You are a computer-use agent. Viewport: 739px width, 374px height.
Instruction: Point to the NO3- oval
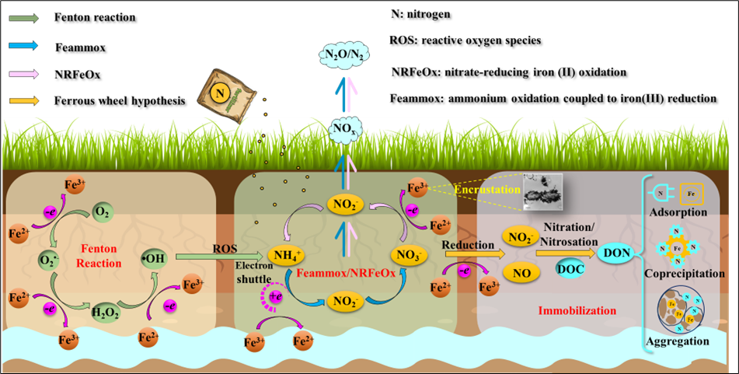(x=412, y=254)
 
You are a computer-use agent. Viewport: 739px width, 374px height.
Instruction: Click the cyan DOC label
(x=571, y=268)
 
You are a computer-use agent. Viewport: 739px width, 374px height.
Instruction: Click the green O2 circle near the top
(x=102, y=211)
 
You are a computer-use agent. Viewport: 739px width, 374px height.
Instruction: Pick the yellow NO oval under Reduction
(x=521, y=273)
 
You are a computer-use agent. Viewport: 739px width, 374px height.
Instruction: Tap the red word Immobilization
(x=577, y=310)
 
